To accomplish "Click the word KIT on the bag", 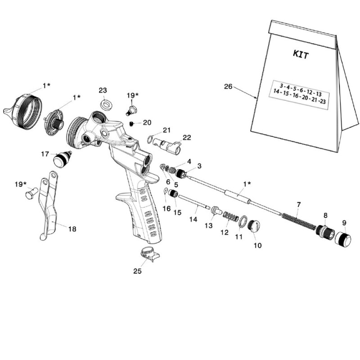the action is [301, 54].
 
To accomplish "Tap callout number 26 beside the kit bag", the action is [228, 86].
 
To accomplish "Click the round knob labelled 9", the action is [342, 238].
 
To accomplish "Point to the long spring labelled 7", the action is [299, 221].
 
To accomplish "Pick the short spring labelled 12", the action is [231, 217].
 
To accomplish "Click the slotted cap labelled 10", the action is [254, 226].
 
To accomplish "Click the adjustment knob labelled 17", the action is [62, 159].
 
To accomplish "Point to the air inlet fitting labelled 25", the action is [149, 254].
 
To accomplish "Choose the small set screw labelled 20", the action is [131, 124].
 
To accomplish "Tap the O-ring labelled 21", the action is [150, 139].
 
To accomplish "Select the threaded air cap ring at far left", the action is [23, 112].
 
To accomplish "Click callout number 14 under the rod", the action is [193, 219].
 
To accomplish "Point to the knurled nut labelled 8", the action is [324, 231].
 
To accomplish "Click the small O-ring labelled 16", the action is [166, 191].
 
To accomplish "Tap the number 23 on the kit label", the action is [323, 101].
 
